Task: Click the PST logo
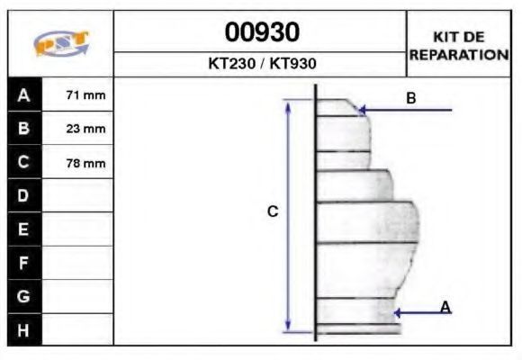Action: click(x=61, y=42)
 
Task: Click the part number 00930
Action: click(x=262, y=32)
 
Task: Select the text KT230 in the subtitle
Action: click(x=231, y=63)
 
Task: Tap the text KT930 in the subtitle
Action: click(x=292, y=63)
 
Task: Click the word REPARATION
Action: click(x=459, y=55)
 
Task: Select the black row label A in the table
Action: click(x=24, y=94)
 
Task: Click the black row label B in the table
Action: click(x=24, y=128)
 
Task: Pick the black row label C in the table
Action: click(x=24, y=162)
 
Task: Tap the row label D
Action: click(x=24, y=195)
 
